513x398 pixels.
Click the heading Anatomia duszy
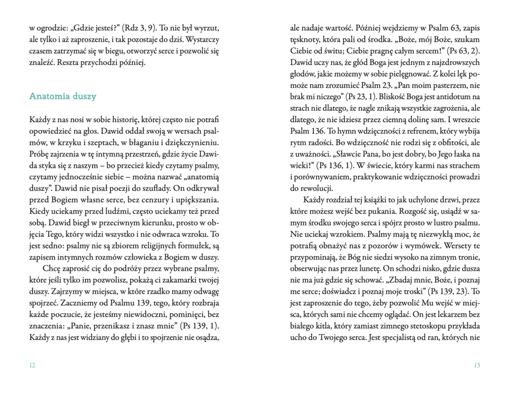click(x=63, y=96)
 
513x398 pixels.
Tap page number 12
click(x=33, y=364)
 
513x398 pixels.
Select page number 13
click(x=476, y=364)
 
